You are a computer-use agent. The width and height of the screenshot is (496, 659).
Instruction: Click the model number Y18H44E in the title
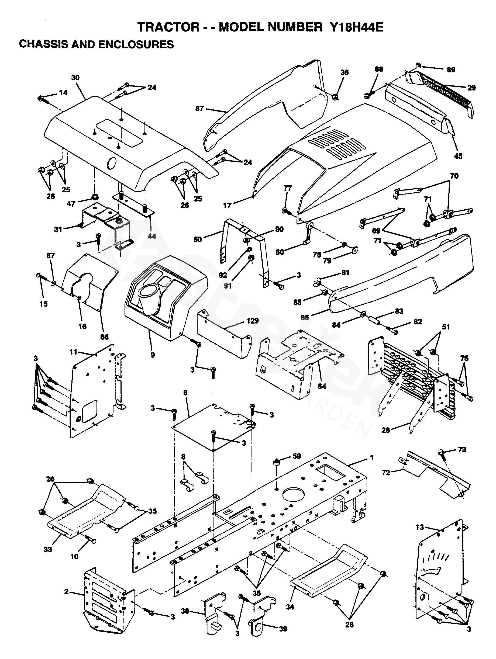tap(356, 27)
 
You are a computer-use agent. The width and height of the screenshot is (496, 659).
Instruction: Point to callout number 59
tap(297, 456)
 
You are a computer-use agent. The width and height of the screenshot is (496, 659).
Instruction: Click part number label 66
tap(104, 337)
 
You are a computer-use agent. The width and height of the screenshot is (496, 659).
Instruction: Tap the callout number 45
tap(458, 156)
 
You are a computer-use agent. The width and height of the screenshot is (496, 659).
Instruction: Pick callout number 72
tap(386, 473)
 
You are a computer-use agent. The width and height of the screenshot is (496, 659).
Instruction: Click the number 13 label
tap(420, 527)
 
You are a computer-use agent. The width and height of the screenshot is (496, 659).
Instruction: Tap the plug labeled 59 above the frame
tap(277, 462)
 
